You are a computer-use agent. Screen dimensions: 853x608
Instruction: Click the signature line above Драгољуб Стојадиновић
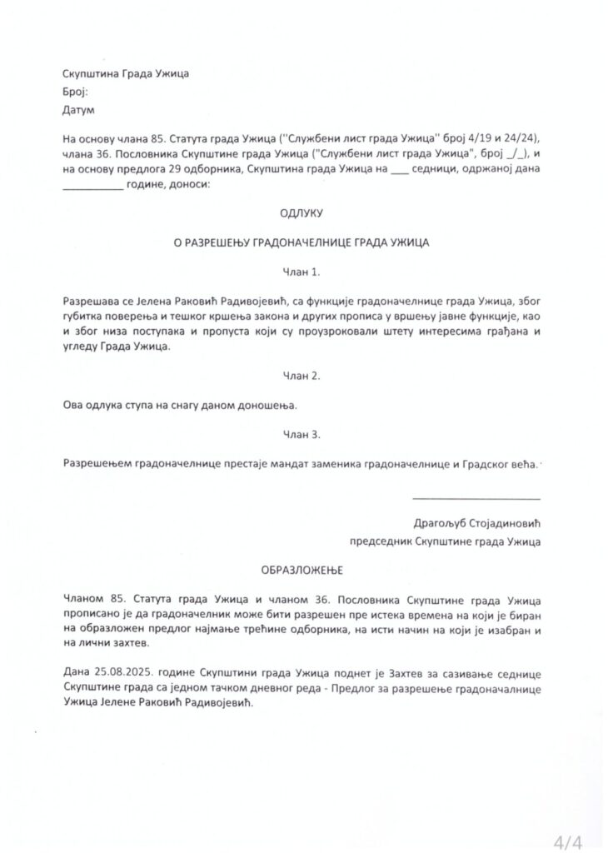pyautogui.click(x=476, y=498)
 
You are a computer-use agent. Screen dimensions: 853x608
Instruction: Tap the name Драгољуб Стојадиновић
pyautogui.click(x=476, y=524)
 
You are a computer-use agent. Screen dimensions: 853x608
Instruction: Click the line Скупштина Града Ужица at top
pyautogui.click(x=125, y=73)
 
